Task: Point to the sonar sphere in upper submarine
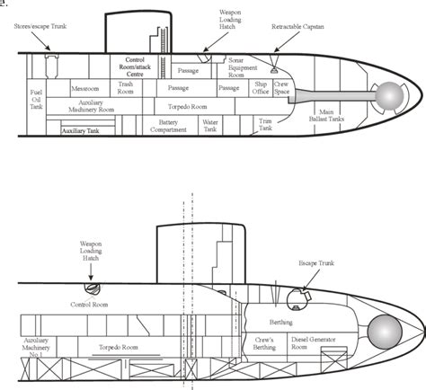click(390, 93)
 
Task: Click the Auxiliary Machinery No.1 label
click(40, 347)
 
